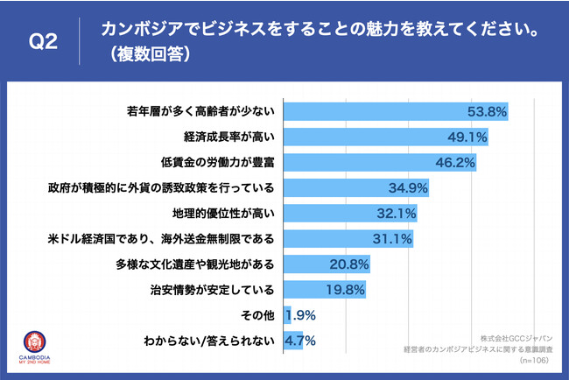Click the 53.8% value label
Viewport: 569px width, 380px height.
point(486,112)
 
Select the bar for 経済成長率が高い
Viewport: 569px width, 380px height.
point(385,137)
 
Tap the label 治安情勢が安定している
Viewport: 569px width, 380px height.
point(214,289)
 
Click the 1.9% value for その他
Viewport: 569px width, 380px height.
point(299,314)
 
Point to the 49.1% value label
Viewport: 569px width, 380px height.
point(467,137)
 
